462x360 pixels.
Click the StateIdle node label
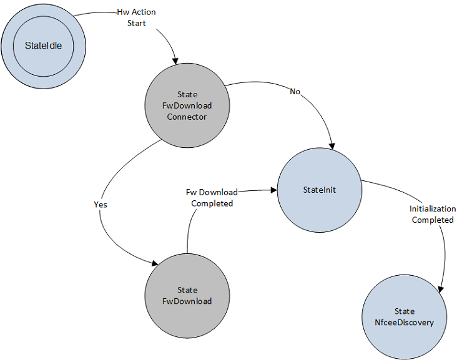pyautogui.click(x=44, y=46)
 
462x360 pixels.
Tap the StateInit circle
pyautogui.click(x=318, y=190)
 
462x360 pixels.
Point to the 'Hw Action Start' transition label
pyautogui.click(x=136, y=17)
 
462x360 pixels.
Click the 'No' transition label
pyautogui.click(x=295, y=92)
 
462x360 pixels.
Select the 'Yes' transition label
pyautogui.click(x=100, y=204)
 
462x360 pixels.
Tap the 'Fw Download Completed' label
pyautogui.click(x=212, y=198)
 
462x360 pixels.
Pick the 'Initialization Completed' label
pyautogui.click(x=433, y=214)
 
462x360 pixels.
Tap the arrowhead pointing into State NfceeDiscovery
pyautogui.click(x=441, y=289)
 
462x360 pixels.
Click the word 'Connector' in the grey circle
pyautogui.click(x=186, y=117)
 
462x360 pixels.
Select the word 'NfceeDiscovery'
pyautogui.click(x=404, y=322)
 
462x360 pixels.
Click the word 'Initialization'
pyautogui.click(x=433, y=208)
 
